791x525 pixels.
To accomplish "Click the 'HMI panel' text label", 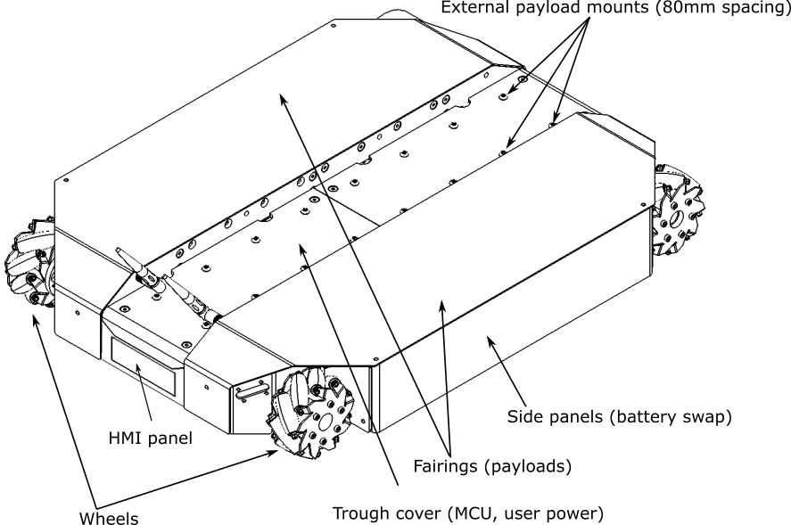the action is tap(151, 438).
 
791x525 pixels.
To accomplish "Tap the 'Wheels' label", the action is tap(109, 518).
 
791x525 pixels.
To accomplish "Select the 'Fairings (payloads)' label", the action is tap(492, 466).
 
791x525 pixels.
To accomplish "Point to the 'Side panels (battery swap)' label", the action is tap(619, 417).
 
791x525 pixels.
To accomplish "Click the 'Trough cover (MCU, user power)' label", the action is tap(467, 513).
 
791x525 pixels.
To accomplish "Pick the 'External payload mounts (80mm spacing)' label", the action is tap(616, 7).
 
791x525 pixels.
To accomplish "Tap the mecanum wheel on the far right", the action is tap(678, 209).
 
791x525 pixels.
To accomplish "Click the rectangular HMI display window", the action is tap(144, 366).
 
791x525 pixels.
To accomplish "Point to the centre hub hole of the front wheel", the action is tap(325, 420).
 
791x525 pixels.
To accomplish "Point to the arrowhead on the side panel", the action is tap(490, 342).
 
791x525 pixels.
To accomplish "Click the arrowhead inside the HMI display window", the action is tap(137, 368).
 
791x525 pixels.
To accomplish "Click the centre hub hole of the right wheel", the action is tap(676, 217).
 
